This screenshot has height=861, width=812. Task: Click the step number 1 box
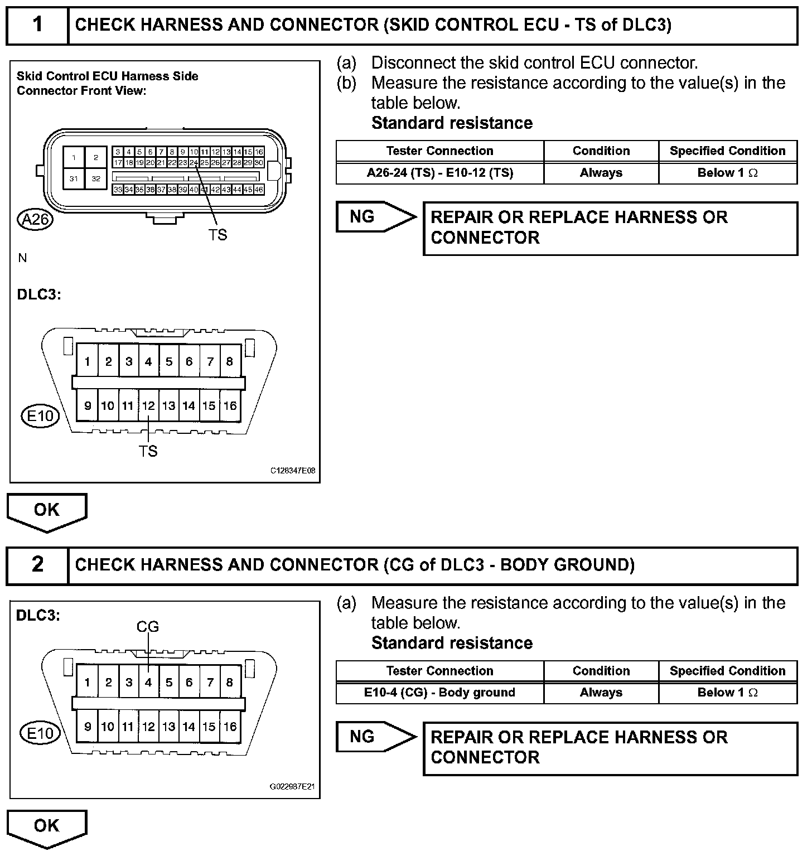click(x=37, y=25)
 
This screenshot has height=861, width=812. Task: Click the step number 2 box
click(x=37, y=565)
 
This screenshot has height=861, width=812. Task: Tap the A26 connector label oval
click(x=35, y=220)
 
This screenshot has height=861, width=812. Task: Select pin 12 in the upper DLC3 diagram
click(x=148, y=406)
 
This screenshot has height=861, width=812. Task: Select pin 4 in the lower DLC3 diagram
click(x=148, y=682)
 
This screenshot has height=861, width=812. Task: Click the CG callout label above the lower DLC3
click(x=148, y=627)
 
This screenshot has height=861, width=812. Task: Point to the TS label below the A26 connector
click(x=217, y=235)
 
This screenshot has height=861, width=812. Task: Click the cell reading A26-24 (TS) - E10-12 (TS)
click(x=439, y=173)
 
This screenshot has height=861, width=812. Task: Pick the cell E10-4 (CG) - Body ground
click(x=439, y=693)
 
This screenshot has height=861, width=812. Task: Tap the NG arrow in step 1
click(x=375, y=217)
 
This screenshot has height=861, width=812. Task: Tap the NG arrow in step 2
click(x=375, y=737)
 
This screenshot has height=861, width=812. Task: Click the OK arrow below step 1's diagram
click(x=47, y=511)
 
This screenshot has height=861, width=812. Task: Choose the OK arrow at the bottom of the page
click(x=47, y=827)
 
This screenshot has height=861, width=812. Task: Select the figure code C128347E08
click(x=293, y=471)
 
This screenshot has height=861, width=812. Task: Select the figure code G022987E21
click(x=292, y=787)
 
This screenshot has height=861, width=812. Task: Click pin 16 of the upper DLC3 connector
click(x=230, y=406)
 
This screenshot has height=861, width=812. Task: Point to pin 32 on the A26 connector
click(x=96, y=179)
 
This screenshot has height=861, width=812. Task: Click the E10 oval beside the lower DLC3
click(x=40, y=733)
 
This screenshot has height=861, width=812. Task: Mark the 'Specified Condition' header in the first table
click(x=727, y=151)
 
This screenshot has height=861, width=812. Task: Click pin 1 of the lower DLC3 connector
click(x=88, y=682)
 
